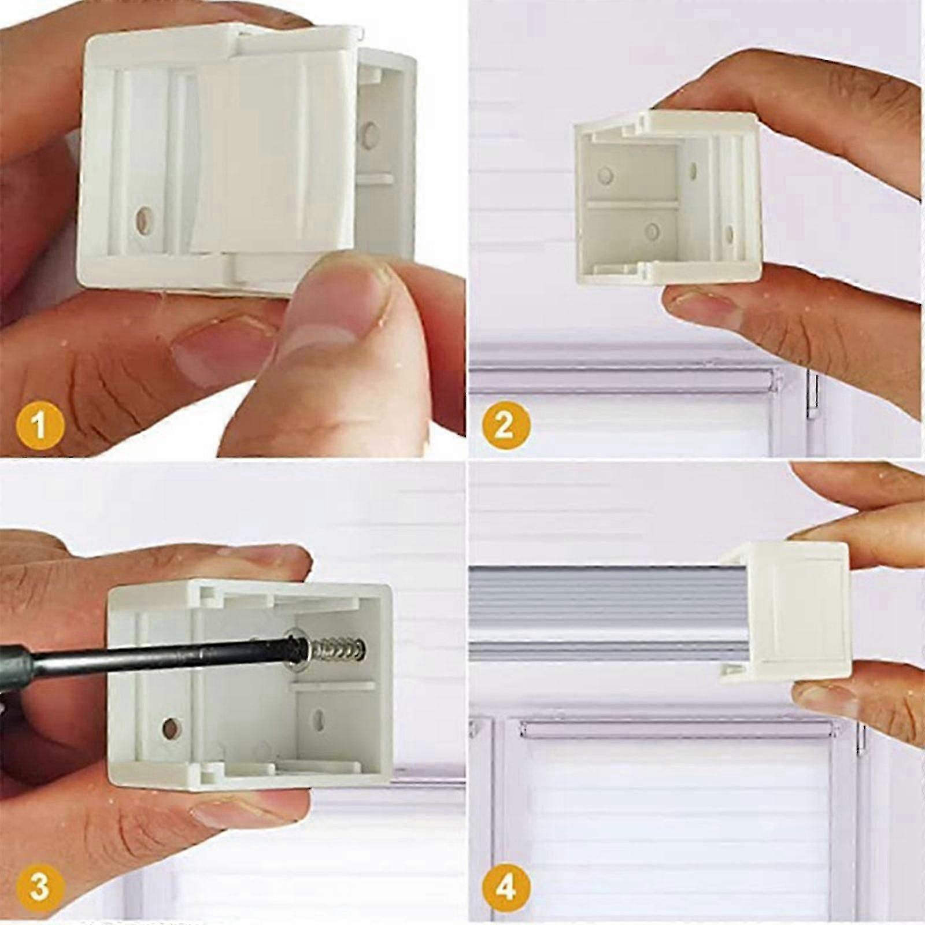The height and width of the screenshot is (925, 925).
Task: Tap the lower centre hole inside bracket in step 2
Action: [652, 232]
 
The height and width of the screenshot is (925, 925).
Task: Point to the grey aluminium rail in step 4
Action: [595, 607]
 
